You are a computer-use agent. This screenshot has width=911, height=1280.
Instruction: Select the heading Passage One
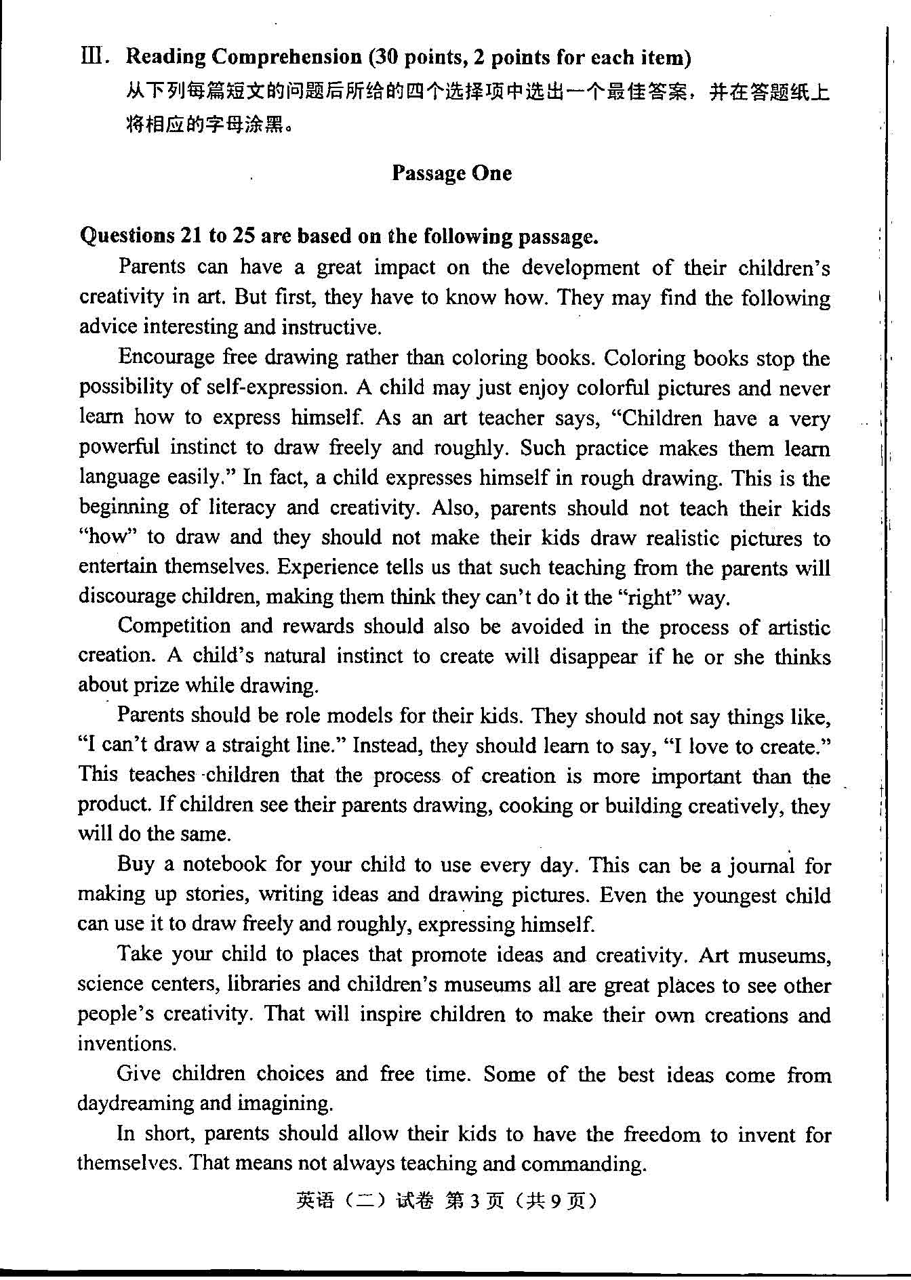(451, 173)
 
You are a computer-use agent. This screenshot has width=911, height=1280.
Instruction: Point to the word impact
(405, 268)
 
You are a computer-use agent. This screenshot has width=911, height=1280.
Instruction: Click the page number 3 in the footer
(474, 1201)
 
